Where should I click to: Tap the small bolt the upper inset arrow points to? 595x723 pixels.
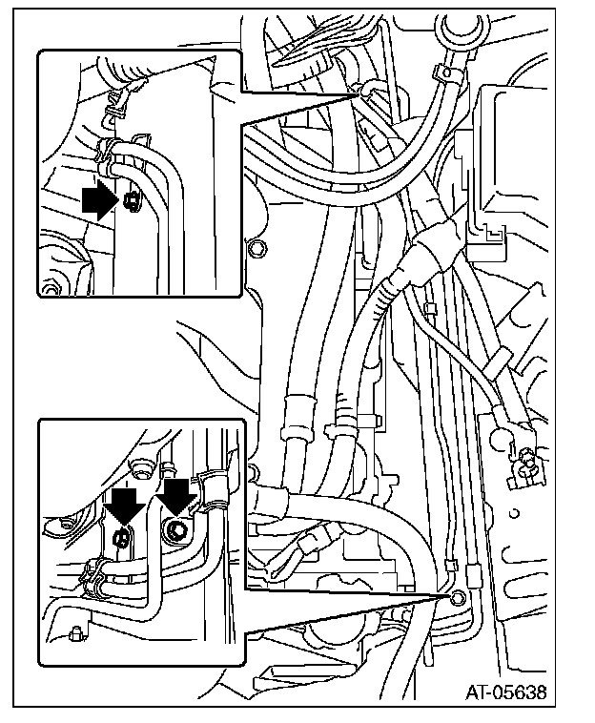[x=132, y=201]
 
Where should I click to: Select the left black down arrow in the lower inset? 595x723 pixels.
[x=125, y=506]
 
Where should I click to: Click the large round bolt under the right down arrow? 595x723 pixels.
[x=176, y=531]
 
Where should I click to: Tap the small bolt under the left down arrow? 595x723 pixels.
[x=121, y=537]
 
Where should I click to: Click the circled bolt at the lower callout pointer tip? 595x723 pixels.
[x=457, y=597]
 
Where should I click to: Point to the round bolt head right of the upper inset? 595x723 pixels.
[x=255, y=249]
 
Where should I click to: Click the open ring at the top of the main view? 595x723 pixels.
[x=459, y=28]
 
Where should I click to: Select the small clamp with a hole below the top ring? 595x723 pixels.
[x=443, y=72]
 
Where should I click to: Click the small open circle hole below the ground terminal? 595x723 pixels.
[x=514, y=512]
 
